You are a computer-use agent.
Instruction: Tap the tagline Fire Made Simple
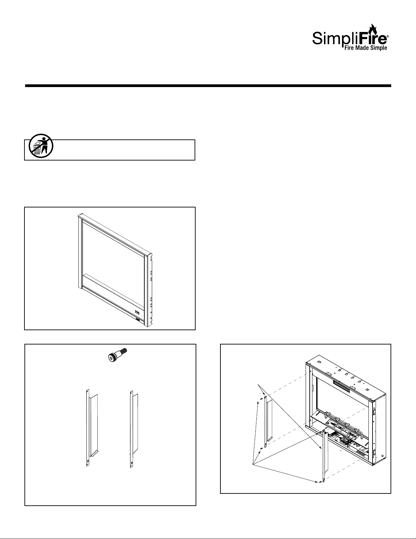[366, 48]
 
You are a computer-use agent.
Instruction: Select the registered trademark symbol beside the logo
[387, 36]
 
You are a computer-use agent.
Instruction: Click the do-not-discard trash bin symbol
[41, 146]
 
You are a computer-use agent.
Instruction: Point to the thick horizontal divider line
[208, 86]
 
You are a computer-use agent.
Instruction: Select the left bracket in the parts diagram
[92, 427]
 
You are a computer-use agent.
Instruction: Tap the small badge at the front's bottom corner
[138, 320]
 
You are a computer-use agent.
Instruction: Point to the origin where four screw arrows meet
[253, 464]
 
